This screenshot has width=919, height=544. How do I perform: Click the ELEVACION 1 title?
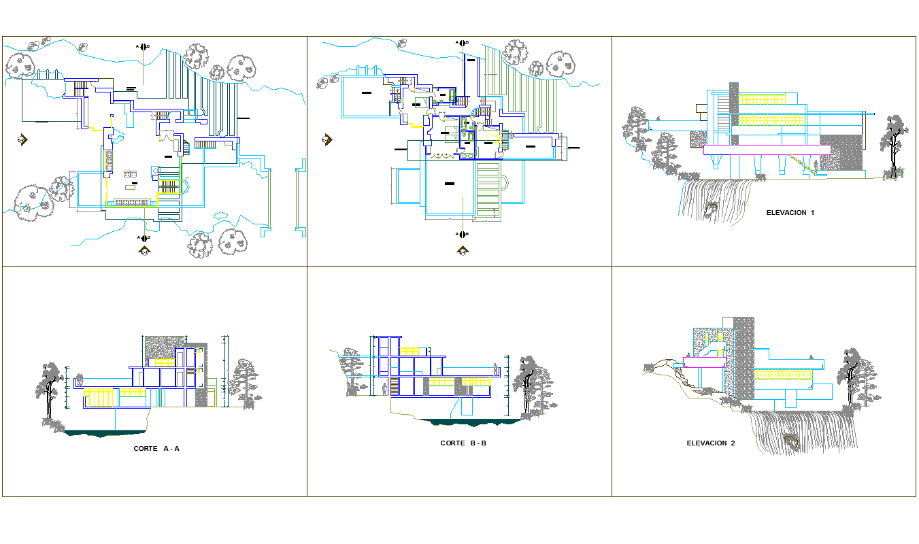(x=790, y=213)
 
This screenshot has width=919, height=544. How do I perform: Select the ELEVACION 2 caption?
(x=711, y=443)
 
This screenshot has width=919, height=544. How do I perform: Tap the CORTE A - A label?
(x=156, y=449)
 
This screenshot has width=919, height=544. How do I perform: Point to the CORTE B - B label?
(x=463, y=443)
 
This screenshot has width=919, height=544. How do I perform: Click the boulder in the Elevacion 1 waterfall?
(x=712, y=207)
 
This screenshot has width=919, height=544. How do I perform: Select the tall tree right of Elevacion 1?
(x=893, y=146)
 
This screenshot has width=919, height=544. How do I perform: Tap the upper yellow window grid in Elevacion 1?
(x=762, y=99)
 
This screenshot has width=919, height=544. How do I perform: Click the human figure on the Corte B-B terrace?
(x=496, y=371)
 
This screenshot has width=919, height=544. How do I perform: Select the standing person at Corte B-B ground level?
(x=384, y=389)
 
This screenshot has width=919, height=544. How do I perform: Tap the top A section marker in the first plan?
(x=143, y=47)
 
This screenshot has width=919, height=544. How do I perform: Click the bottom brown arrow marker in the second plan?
(x=463, y=251)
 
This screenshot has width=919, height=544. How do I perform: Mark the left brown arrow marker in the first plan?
(x=22, y=140)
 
